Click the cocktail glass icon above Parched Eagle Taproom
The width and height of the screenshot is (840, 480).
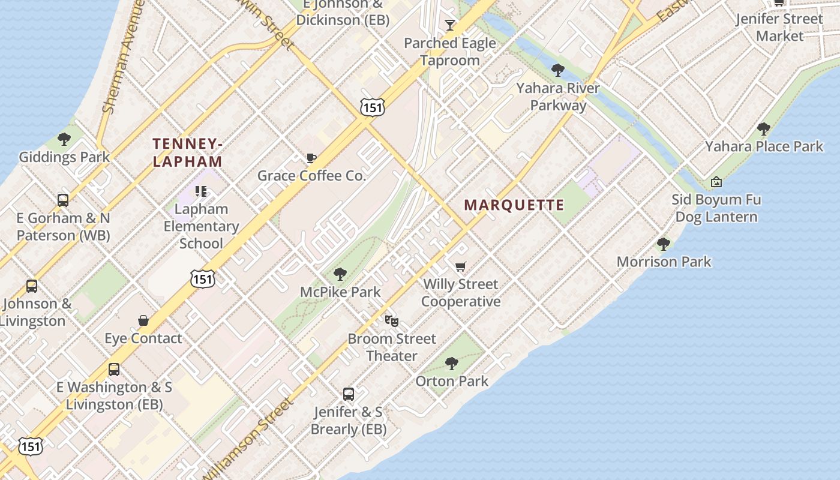[450, 25]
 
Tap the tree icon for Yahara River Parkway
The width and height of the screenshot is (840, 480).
[558, 70]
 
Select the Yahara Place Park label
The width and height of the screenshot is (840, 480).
[764, 146]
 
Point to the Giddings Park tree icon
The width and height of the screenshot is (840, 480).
[64, 139]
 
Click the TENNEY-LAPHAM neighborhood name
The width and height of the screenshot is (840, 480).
[188, 152]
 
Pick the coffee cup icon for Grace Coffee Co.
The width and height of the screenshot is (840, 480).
[311, 158]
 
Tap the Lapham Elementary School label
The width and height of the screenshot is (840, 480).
[201, 226]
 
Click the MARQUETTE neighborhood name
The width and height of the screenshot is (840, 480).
[514, 205]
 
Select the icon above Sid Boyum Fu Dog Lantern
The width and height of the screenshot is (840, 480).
[716, 182]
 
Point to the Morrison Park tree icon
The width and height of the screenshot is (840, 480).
[664, 244]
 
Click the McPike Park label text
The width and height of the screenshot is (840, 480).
[340, 292]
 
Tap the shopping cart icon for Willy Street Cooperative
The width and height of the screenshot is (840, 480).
[460, 266]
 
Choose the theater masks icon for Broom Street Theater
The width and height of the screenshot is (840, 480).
[392, 321]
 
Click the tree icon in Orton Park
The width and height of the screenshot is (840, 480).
[452, 363]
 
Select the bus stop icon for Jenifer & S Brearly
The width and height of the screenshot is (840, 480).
[349, 394]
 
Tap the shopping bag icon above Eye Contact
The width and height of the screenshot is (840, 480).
[143, 320]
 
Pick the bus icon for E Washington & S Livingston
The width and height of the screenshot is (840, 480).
[114, 370]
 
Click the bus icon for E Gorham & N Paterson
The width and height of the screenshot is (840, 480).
[63, 200]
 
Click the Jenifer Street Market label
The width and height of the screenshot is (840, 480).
[779, 27]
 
